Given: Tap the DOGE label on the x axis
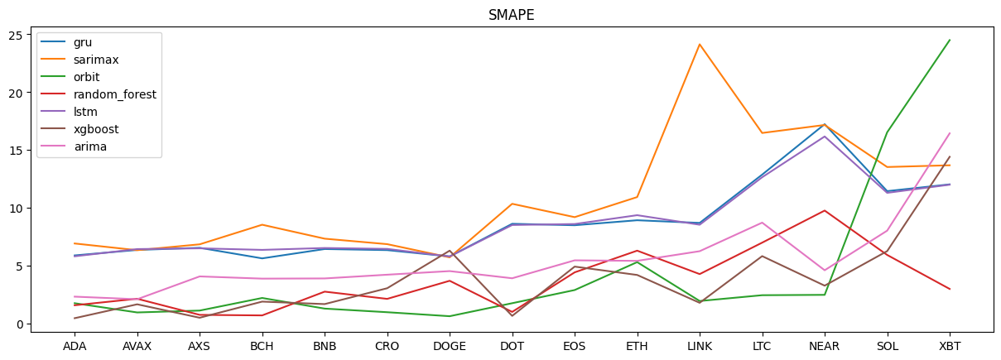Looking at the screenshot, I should (x=450, y=346).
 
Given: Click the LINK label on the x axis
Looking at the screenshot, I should (x=700, y=346).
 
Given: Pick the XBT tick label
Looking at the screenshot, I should (x=950, y=346).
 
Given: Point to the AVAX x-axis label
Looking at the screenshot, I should (x=137, y=346).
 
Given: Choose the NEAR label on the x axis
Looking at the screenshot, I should (x=825, y=346).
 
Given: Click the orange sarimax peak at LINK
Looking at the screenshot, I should (x=700, y=45).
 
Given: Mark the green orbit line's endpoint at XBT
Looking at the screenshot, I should (x=950, y=40).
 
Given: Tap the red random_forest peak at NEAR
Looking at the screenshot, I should (x=825, y=210).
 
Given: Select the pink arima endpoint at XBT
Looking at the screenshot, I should (x=950, y=133).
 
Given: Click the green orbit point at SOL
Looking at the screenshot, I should (x=888, y=132).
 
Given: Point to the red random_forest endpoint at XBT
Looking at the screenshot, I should (x=950, y=289).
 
